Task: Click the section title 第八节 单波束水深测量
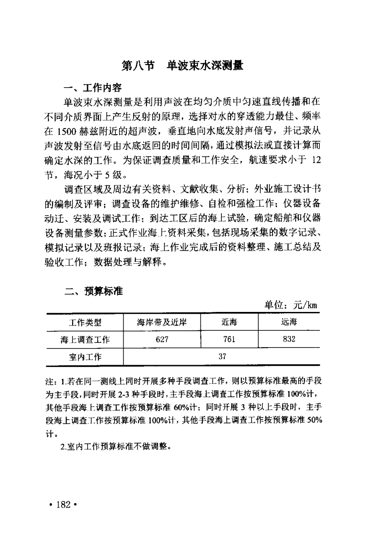pyautogui.click(x=182, y=66)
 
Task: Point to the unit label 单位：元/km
pyautogui.click(x=291, y=305)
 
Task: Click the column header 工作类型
pyautogui.click(x=85, y=322)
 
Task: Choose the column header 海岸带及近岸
pyautogui.click(x=162, y=322)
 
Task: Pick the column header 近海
pyautogui.click(x=229, y=322)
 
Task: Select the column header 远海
pyautogui.click(x=289, y=322)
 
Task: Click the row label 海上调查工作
pyautogui.click(x=85, y=340)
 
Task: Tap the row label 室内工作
pyautogui.click(x=85, y=357)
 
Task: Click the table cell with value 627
pyautogui.click(x=162, y=340)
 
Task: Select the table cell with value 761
pyautogui.click(x=229, y=340)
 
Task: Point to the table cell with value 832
pyautogui.click(x=289, y=340)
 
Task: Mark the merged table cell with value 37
pyautogui.click(x=222, y=357)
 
